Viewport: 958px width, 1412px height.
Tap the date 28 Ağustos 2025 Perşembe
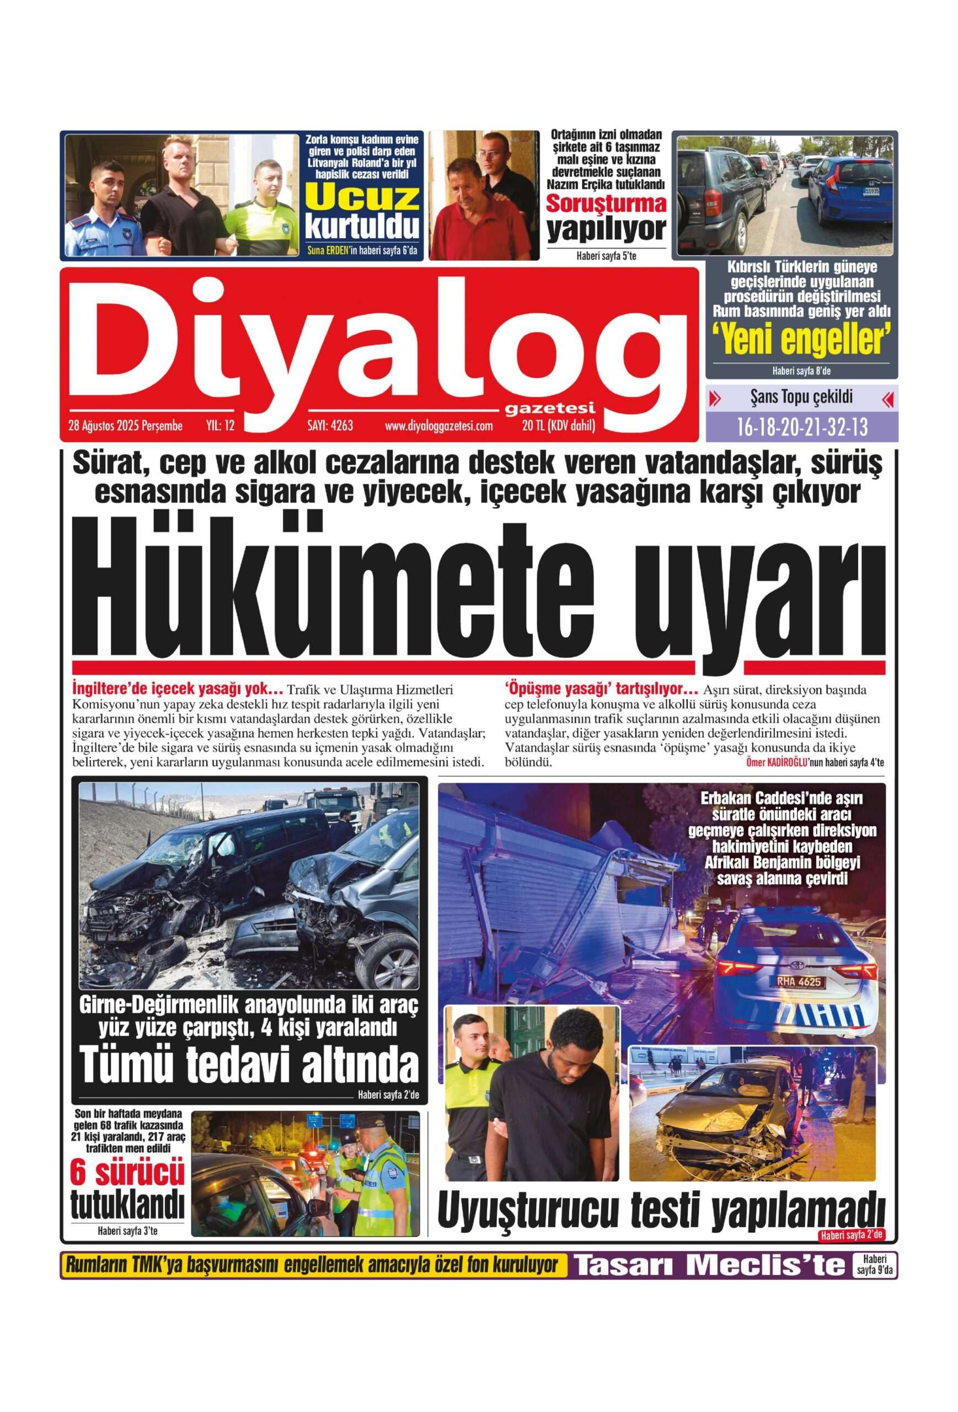126,426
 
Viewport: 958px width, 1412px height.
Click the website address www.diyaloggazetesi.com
438,426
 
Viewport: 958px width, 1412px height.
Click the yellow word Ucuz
362,197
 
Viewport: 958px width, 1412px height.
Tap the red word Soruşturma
606,204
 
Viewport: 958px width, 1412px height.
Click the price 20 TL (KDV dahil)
558,426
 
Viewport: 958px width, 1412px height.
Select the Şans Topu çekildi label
801,398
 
